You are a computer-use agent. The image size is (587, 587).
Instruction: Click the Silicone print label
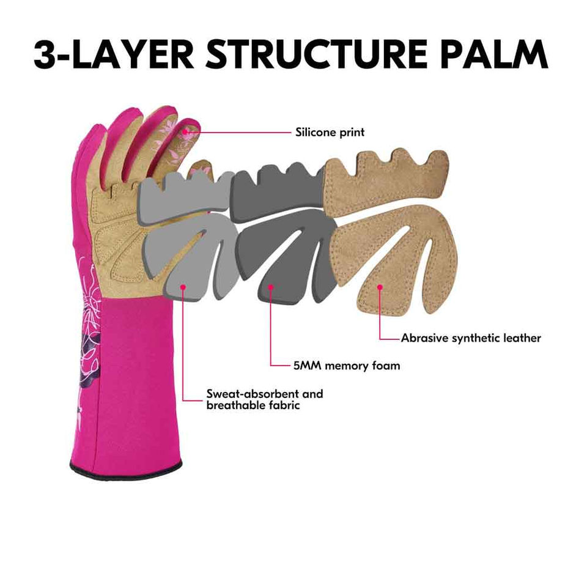coord(330,131)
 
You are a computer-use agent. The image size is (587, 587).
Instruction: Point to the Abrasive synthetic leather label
coord(471,338)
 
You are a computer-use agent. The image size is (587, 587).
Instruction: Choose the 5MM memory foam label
coord(346,366)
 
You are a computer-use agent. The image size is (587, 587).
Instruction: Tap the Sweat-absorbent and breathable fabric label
coord(264,399)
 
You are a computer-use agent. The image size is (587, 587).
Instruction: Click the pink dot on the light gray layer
coord(183,286)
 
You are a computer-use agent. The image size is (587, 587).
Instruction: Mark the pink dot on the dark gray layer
coord(271,286)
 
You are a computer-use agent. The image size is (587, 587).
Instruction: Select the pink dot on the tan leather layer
coord(380,286)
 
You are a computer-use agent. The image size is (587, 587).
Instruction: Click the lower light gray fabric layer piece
coord(183,257)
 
